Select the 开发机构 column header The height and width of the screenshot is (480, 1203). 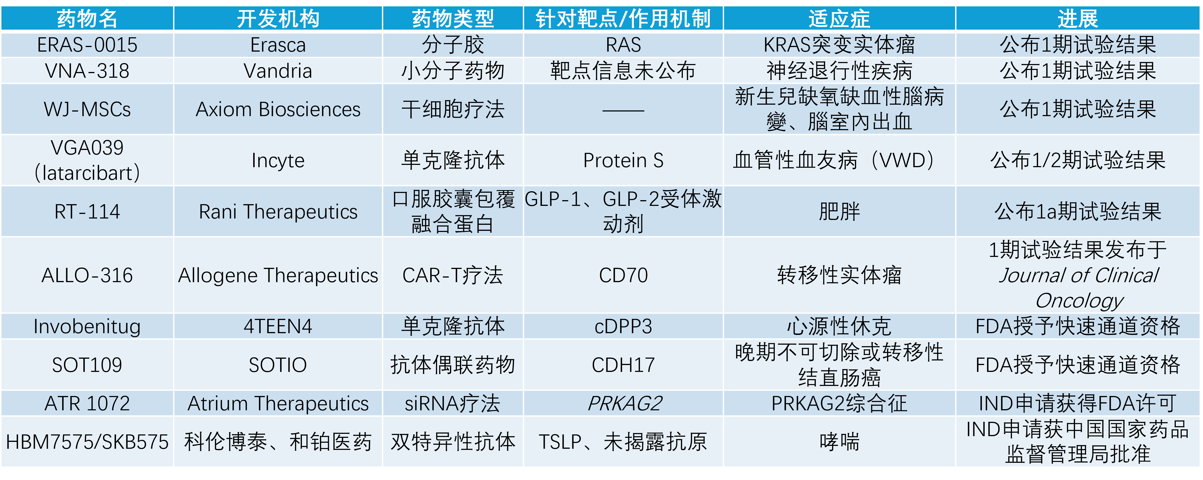coord(278,19)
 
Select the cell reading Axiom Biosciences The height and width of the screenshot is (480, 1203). coord(278,109)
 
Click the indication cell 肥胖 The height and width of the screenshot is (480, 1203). coord(839,211)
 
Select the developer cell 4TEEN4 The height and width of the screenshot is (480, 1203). coord(278,326)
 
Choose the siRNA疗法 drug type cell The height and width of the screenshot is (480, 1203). coord(452,403)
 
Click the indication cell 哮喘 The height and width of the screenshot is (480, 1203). coord(839,442)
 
